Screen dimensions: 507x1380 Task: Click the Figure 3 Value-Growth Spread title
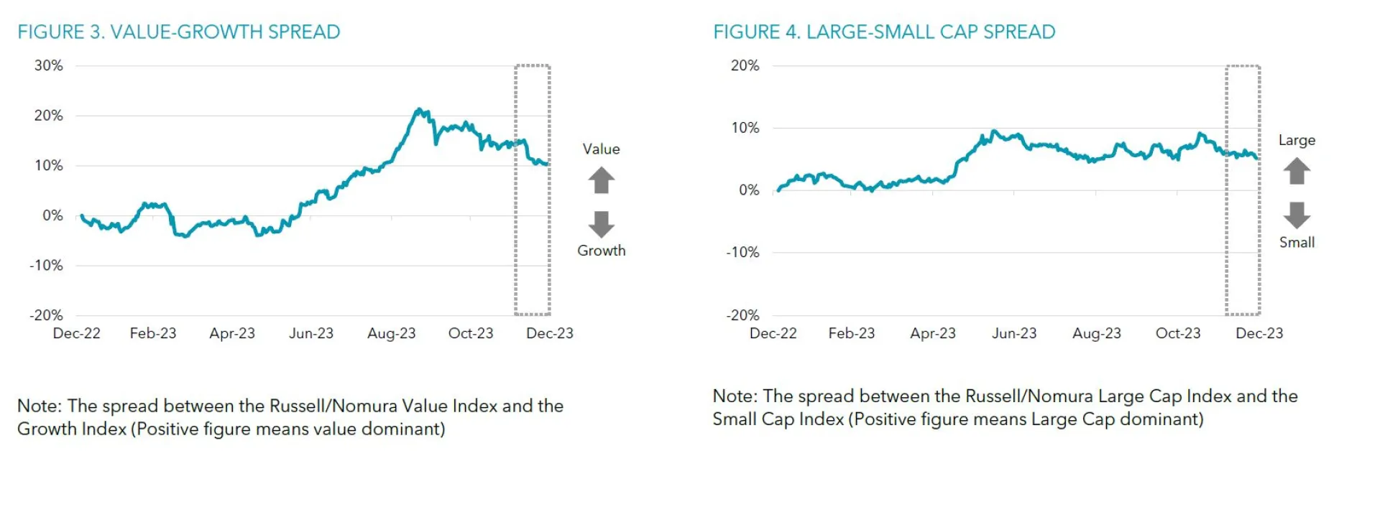coord(179,32)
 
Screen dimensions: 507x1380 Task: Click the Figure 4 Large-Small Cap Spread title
coord(884,32)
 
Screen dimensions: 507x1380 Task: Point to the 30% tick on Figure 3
coord(49,65)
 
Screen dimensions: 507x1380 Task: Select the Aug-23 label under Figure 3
coord(391,333)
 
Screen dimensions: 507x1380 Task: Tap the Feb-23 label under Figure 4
coord(851,333)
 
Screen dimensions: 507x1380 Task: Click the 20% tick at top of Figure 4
coord(745,65)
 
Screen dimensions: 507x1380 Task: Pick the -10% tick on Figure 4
coord(742,252)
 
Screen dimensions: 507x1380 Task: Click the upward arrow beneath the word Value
coord(602,180)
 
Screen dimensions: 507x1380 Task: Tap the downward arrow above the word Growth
coord(602,224)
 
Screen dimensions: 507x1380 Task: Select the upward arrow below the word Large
coord(1297,171)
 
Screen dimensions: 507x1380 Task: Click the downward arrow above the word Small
coord(1297,215)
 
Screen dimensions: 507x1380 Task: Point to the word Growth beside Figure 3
coord(602,251)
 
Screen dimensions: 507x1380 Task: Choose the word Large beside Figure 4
coord(1297,140)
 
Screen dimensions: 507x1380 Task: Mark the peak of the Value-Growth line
coord(418,109)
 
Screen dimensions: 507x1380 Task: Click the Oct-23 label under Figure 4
coord(1177,333)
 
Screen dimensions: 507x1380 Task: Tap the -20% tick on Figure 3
coord(46,315)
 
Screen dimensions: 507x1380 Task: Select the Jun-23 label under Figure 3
coord(311,333)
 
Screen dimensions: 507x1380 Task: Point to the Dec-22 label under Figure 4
coord(773,333)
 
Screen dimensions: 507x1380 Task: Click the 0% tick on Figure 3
coord(52,215)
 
